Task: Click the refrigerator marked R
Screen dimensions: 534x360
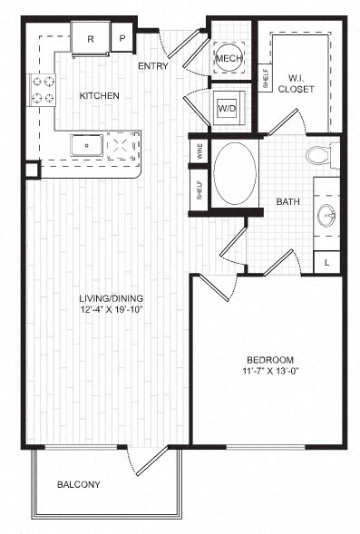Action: [x=92, y=39]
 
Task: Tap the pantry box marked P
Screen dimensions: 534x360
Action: [x=122, y=39]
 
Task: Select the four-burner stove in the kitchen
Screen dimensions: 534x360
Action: [x=42, y=89]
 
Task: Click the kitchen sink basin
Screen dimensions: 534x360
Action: [x=87, y=144]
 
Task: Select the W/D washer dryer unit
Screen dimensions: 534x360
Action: [x=226, y=109]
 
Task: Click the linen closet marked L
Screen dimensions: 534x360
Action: [x=327, y=262]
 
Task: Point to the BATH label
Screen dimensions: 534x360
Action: [x=289, y=201]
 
